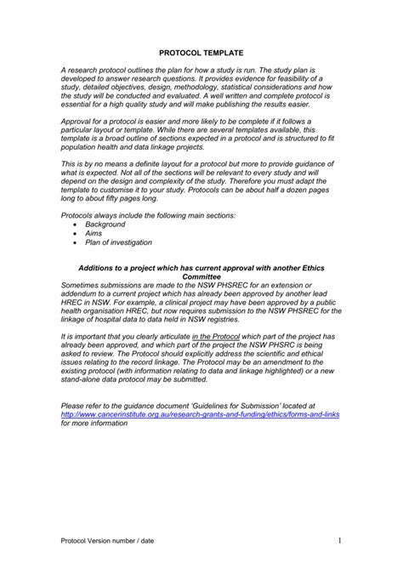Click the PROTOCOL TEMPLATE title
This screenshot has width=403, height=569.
(201, 52)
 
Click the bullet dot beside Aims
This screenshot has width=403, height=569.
(74, 234)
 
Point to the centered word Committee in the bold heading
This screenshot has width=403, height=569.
(201, 277)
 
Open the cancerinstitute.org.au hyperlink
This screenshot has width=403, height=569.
(200, 414)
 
